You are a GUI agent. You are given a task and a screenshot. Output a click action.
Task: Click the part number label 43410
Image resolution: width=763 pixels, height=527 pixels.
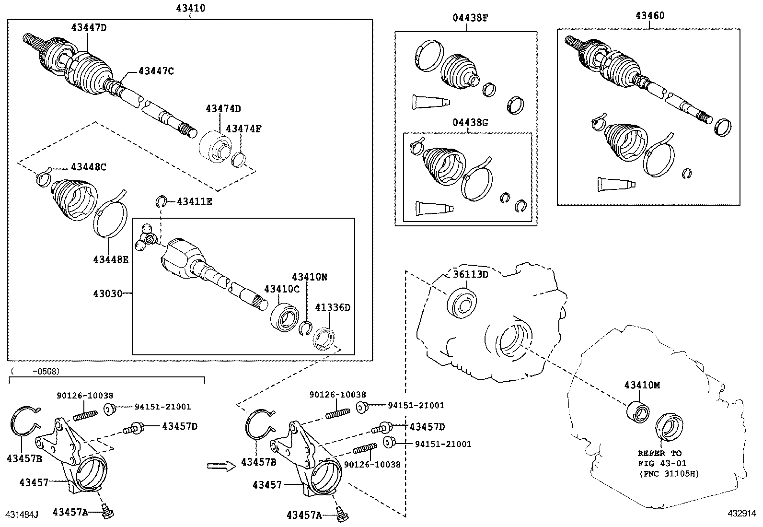(191, 8)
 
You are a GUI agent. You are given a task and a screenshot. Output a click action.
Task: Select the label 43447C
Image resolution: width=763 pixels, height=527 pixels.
(156, 71)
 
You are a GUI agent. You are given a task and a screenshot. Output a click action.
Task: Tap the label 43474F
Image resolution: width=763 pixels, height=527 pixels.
(243, 129)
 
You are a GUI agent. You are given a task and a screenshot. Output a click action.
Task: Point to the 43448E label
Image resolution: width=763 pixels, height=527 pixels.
(111, 259)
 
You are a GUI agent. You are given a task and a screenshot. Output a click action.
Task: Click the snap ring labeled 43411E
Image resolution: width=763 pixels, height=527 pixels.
(162, 201)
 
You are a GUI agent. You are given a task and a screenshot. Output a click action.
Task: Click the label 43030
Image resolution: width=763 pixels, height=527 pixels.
(108, 293)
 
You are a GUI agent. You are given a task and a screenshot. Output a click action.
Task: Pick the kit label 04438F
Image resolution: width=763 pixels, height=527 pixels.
(470, 18)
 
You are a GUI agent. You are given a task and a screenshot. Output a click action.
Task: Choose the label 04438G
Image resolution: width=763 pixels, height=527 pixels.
(470, 122)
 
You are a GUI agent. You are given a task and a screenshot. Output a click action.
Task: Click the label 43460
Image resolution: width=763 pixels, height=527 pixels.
(650, 15)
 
